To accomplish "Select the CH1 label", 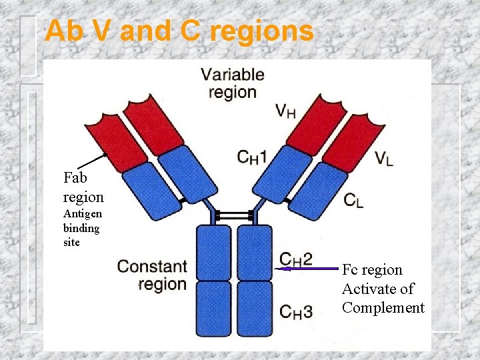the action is (252, 157).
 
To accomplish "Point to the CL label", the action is (353, 200).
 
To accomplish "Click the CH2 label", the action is (296, 259).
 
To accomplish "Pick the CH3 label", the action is (296, 311).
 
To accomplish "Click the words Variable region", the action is (233, 83).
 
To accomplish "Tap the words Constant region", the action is (152, 275).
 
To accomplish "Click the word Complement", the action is (383, 307).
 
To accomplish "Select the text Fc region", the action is (372, 270).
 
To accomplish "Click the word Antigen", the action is (83, 214).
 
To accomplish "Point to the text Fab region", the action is (83, 187).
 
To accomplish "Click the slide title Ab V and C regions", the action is (179, 31).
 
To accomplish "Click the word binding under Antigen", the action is (81, 228).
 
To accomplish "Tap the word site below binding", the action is (71, 242).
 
